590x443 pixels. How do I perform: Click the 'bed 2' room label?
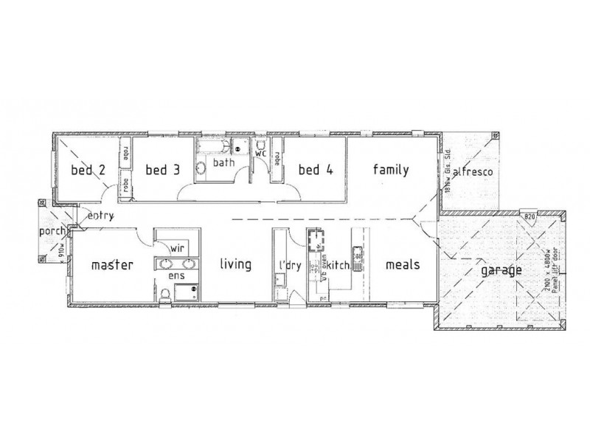[87, 171]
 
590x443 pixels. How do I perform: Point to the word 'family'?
[390, 170]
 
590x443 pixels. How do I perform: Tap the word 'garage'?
[502, 270]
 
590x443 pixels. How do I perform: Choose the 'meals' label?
[402, 264]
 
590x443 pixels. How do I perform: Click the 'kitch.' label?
[338, 264]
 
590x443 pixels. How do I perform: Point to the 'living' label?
[235, 264]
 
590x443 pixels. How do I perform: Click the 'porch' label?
[52, 233]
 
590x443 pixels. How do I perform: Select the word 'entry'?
[99, 216]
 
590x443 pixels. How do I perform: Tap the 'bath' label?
[224, 162]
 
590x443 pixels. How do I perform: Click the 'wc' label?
[260, 153]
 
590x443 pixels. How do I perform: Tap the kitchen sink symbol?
[358, 257]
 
